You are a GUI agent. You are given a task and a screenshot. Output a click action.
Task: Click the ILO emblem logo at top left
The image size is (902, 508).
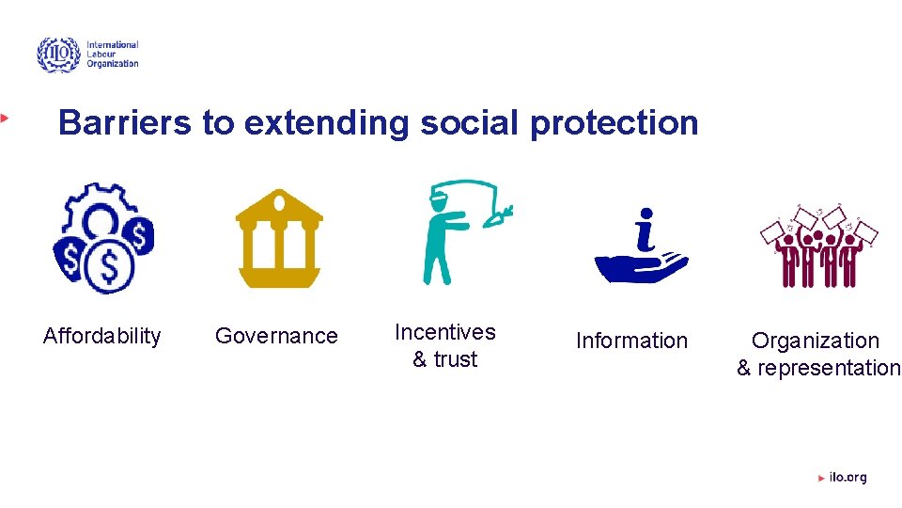pos(58,56)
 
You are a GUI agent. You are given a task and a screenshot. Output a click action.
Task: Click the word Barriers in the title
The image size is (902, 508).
pos(125,123)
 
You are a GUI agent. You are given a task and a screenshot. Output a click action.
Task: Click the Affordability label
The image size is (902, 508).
pos(101,336)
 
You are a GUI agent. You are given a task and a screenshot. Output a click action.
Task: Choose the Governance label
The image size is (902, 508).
pos(276,336)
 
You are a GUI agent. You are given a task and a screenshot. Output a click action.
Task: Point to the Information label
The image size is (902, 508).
pos(631,341)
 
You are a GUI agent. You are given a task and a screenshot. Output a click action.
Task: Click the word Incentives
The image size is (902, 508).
pos(444,332)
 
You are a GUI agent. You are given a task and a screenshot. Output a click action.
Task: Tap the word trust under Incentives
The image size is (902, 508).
pos(456,359)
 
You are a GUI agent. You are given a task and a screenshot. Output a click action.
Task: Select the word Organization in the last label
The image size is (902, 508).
pos(815,341)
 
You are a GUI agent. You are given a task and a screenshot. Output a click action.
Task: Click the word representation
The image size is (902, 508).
pos(829,368)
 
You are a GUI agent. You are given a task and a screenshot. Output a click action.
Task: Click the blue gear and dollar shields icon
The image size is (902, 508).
pos(102,238)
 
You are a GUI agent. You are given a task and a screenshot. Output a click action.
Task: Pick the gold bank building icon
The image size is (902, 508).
pos(279,238)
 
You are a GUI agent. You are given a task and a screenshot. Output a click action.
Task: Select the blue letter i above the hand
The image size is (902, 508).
pos(645,230)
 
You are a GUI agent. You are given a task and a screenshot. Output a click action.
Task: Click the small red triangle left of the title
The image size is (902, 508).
pos(5,118)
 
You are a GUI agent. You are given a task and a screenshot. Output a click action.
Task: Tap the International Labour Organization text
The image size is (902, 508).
pos(112,55)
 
